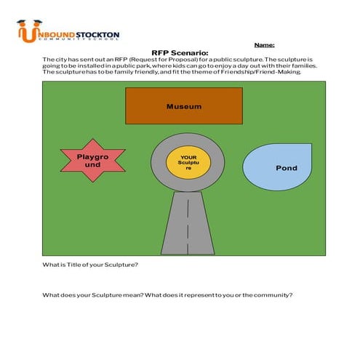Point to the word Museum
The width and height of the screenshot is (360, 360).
click(x=183, y=107)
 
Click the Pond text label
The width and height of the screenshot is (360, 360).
click(x=287, y=168)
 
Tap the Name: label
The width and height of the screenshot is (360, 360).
click(x=264, y=44)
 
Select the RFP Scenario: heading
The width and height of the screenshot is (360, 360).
click(x=180, y=52)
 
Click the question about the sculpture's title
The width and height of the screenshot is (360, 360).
click(x=90, y=265)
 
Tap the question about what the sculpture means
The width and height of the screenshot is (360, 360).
click(x=167, y=295)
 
